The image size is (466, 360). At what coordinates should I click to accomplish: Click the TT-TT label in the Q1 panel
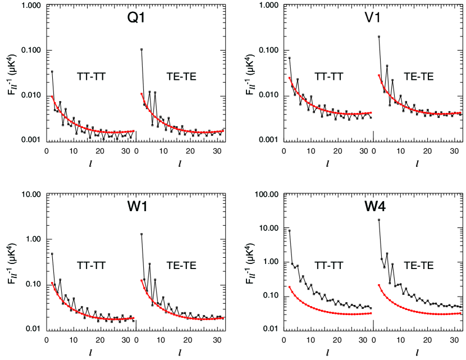[94, 75]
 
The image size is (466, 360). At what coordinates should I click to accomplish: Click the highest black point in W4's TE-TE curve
[379, 220]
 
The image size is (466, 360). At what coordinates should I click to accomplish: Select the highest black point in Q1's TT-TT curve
[52, 71]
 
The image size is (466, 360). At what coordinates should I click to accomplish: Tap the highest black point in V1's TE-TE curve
[379, 37]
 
